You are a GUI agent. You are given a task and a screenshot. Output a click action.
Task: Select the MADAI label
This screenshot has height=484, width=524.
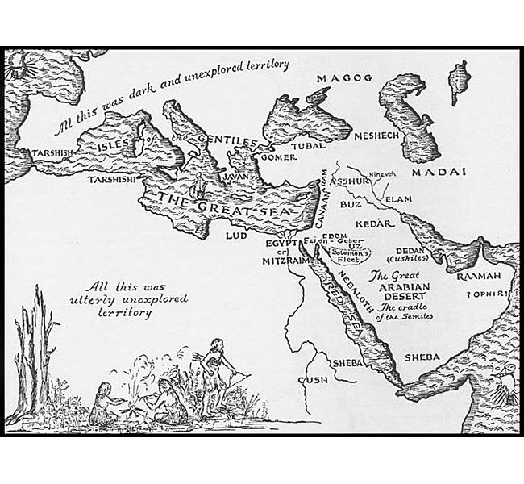[440, 173]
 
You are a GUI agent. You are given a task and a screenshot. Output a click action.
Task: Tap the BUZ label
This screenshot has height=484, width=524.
[347, 207]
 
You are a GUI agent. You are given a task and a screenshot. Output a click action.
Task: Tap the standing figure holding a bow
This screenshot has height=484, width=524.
[215, 371]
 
